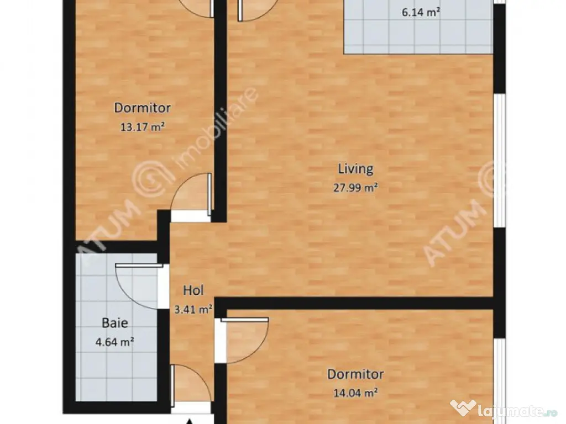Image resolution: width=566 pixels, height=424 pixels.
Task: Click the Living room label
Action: pos(355,169)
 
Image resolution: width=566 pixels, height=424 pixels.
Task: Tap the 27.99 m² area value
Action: pos(355,188)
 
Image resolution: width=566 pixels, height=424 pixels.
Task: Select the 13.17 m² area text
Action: pos(142,127)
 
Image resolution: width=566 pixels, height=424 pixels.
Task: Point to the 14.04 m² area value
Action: pos(355,393)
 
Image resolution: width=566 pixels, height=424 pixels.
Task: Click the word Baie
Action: pos(115,322)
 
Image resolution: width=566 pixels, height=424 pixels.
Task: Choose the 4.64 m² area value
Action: pos(115,341)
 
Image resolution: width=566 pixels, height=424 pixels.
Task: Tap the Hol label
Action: pos(193,290)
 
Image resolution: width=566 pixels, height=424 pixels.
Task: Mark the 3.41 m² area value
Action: pos(193,309)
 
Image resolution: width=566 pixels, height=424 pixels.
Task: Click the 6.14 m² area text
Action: pos(421,12)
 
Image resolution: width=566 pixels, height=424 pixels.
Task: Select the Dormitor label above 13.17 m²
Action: pos(142,108)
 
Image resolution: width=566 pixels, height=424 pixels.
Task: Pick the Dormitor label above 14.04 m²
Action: pos(355,374)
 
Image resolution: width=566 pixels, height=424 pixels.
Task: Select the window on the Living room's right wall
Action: pos(500,161)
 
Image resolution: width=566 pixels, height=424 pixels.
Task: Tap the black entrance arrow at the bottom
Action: pos(190,421)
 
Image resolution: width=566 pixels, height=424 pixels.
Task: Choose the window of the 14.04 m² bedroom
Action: pos(500,381)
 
